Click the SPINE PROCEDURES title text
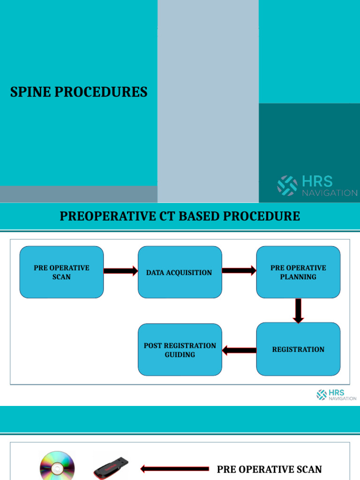click(x=79, y=92)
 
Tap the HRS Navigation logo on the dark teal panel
click(x=317, y=186)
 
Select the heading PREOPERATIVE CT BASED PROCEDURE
click(x=180, y=216)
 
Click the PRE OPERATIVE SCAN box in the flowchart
click(x=61, y=272)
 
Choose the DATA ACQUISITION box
click(x=180, y=272)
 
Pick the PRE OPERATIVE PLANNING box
click(x=298, y=272)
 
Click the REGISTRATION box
click(x=298, y=349)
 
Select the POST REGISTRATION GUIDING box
click(x=180, y=350)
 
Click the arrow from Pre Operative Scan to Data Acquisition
click(x=120, y=271)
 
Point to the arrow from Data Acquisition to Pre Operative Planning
click(x=239, y=270)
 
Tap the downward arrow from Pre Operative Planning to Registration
click(x=298, y=311)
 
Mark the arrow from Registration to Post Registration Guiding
click(x=239, y=350)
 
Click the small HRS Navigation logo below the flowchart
click(x=336, y=395)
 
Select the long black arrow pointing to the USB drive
click(x=174, y=469)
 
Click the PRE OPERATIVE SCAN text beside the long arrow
click(x=269, y=469)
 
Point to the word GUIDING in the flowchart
click(x=180, y=355)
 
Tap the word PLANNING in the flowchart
click(x=298, y=277)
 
